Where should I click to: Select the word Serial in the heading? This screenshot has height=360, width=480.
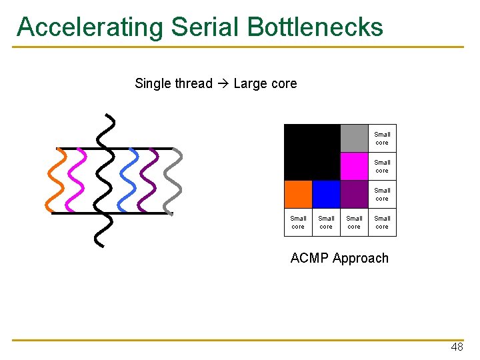tap(205, 27)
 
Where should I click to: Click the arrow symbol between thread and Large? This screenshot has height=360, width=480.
tap(223, 84)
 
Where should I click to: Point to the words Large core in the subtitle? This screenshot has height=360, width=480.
tap(265, 84)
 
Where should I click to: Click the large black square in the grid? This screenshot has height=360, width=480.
tap(312, 153)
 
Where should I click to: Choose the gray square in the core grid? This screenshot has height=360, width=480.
tap(354, 139)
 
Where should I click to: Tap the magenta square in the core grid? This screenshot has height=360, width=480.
tap(354, 167)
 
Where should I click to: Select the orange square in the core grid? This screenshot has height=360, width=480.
tap(298, 195)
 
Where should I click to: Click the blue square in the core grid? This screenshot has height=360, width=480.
tap(326, 195)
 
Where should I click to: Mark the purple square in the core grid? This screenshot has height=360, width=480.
tap(354, 195)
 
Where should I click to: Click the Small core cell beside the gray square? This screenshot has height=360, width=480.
tap(382, 139)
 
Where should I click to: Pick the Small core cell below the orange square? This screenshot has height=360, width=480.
tap(298, 223)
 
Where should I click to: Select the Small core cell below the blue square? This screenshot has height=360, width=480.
tap(326, 223)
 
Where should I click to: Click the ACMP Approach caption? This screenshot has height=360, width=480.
tap(339, 259)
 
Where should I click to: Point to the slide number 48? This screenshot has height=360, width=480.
tap(457, 347)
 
